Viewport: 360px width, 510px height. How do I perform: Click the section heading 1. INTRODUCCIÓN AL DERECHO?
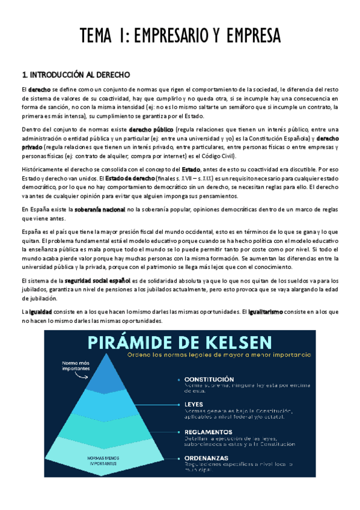point(76,75)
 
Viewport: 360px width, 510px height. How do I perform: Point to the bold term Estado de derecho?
point(132,178)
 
